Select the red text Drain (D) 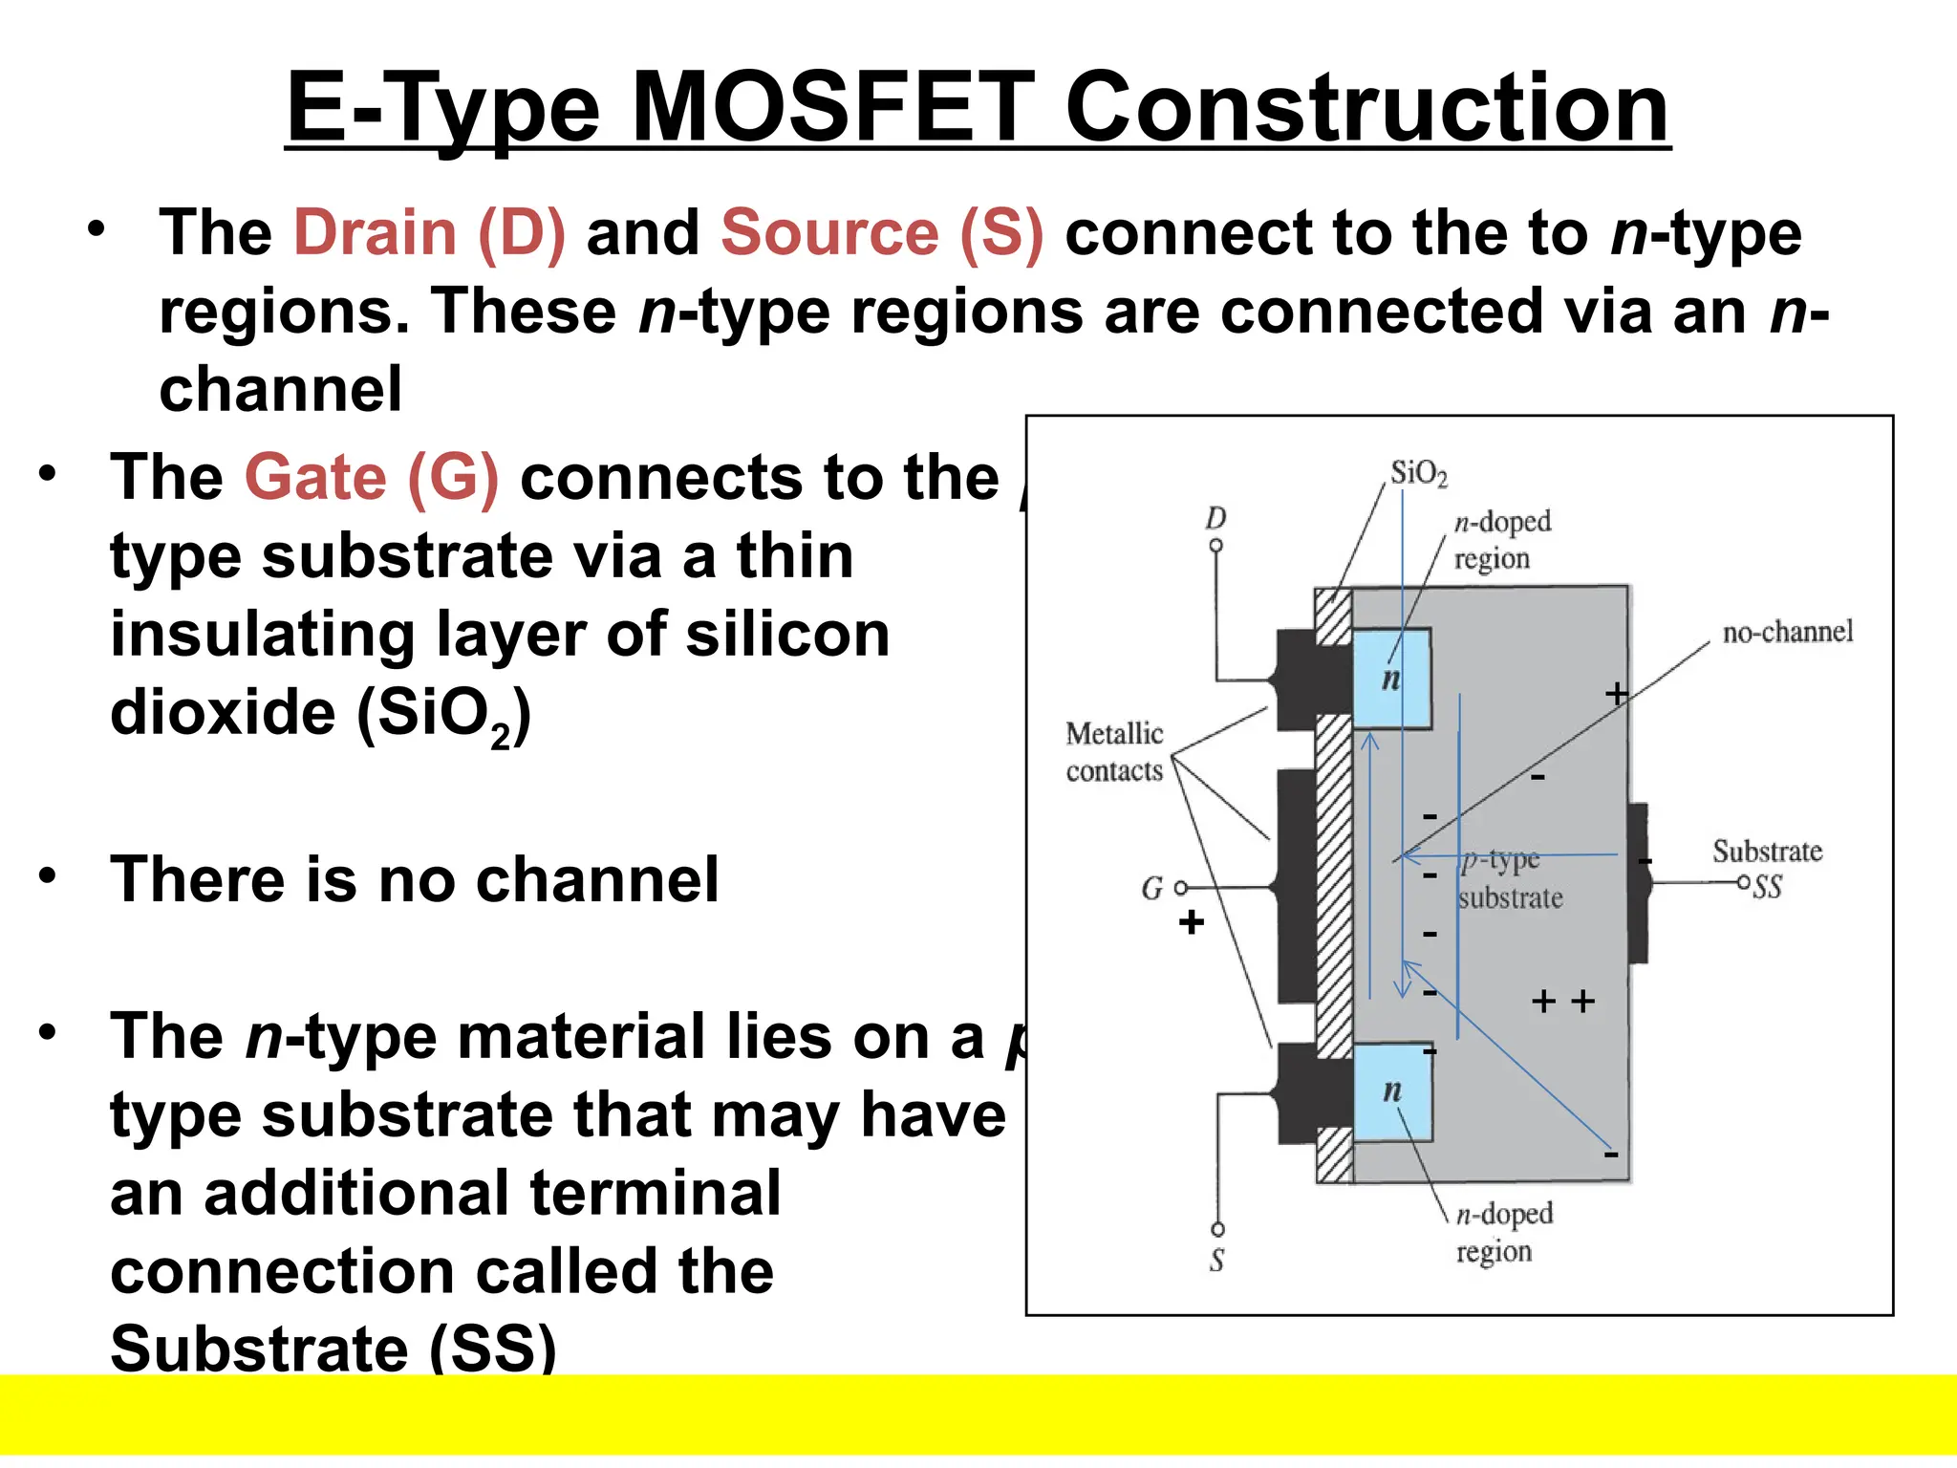coord(429,233)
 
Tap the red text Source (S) coord(881,233)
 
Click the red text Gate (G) coord(371,477)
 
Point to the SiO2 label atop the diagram coord(1418,473)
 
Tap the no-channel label coord(1787,632)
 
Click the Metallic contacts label coord(1114,752)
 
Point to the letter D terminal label coord(1215,518)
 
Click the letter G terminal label coord(1151,889)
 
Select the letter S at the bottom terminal coord(1216,1261)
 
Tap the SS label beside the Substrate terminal coord(1768,888)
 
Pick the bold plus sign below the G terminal coord(1191,922)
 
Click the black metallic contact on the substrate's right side coord(1638,882)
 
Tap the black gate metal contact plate coord(1296,886)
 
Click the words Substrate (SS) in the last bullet coord(333,1348)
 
